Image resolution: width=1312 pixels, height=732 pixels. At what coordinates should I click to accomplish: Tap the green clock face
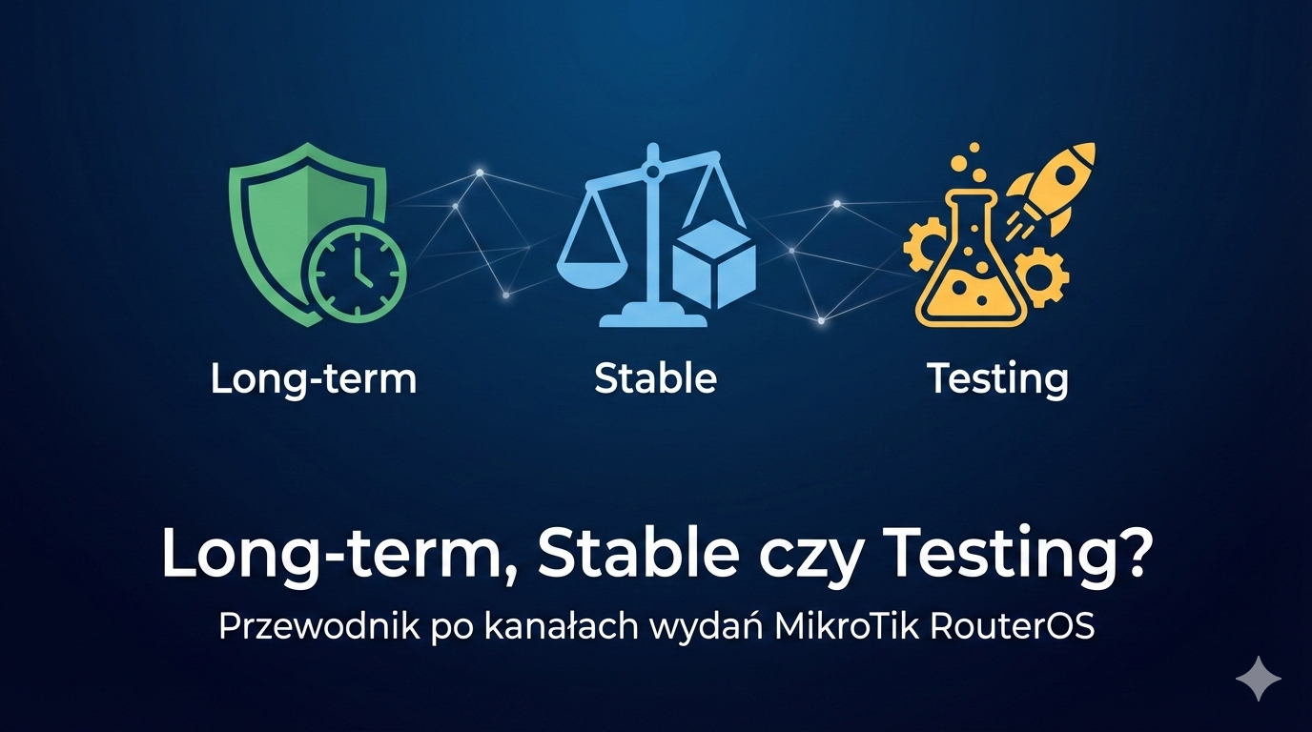(x=358, y=274)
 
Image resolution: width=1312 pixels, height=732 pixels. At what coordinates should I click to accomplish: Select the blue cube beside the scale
(x=713, y=267)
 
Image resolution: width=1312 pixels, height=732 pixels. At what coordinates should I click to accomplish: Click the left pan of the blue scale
(x=592, y=275)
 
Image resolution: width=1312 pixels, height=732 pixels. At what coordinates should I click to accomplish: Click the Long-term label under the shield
(x=314, y=379)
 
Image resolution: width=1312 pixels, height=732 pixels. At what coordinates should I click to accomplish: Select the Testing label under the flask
(x=997, y=379)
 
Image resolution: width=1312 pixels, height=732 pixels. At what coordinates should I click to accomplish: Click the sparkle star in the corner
(x=1258, y=679)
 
